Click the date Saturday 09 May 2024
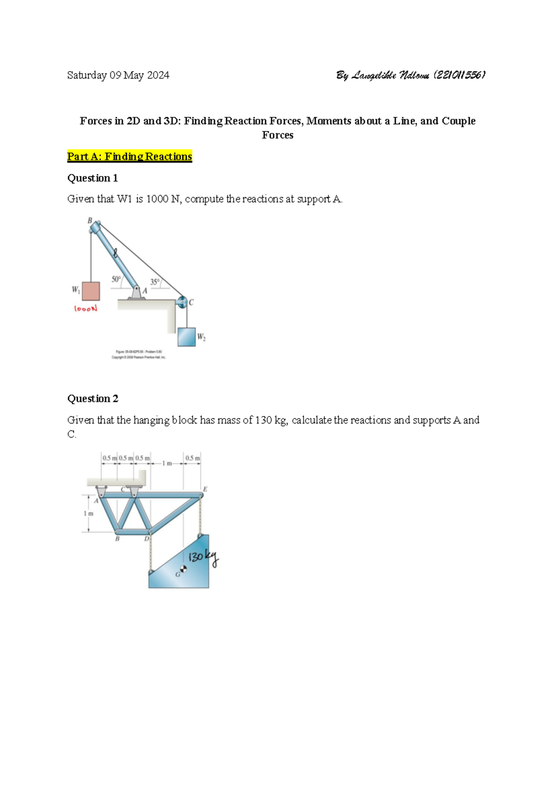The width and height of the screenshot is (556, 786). click(x=118, y=75)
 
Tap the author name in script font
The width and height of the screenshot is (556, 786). click(x=411, y=75)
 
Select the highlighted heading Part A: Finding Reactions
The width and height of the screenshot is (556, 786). click(x=129, y=157)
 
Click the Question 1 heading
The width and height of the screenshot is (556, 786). click(x=92, y=178)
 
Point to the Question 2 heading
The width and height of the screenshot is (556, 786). click(x=92, y=399)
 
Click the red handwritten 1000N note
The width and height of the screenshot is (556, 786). click(x=86, y=309)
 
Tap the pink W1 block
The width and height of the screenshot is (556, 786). click(x=91, y=291)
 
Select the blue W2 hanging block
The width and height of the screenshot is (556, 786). click(x=186, y=337)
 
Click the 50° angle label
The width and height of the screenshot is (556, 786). click(x=116, y=279)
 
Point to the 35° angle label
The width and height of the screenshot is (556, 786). click(x=155, y=281)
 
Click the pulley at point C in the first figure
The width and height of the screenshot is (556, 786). click(x=182, y=302)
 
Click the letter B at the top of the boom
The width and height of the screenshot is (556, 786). click(x=90, y=221)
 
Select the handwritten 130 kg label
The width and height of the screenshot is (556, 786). click(x=203, y=558)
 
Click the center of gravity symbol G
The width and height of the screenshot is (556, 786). click(x=183, y=570)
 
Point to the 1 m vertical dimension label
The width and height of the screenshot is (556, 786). click(x=88, y=513)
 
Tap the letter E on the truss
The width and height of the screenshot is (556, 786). click(x=205, y=489)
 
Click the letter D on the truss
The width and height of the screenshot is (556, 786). click(x=146, y=539)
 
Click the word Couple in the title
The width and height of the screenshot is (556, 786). click(x=458, y=121)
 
